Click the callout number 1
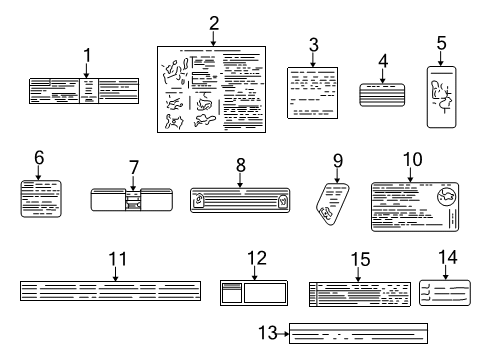tap(87, 55)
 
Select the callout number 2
tap(214, 23)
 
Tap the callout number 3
tap(313, 44)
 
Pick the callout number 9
tap(339, 159)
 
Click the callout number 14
tap(447, 259)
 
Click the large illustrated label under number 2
tap(214, 90)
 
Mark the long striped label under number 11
tap(118, 291)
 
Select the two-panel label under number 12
tap(254, 292)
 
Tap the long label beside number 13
tap(358, 333)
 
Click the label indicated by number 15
tap(359, 293)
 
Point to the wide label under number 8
tap(240, 200)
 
